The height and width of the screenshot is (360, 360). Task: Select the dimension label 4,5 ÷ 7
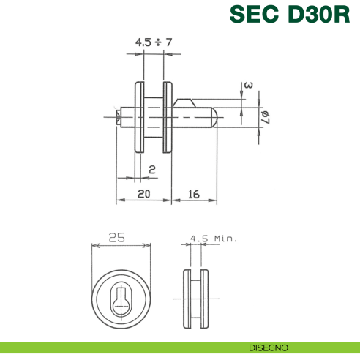[154, 42]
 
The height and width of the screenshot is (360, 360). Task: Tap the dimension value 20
[143, 194]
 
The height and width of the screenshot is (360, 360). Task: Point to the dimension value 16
[194, 194]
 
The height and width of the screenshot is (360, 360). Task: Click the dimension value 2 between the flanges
[151, 170]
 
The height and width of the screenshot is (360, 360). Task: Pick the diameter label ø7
[266, 116]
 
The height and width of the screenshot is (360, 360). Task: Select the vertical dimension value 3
[249, 86]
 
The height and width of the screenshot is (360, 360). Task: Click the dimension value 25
[116, 238]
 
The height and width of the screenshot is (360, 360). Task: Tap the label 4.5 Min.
[213, 239]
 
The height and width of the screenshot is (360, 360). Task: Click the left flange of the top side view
[138, 117]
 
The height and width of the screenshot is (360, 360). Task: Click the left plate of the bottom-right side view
[186, 300]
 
